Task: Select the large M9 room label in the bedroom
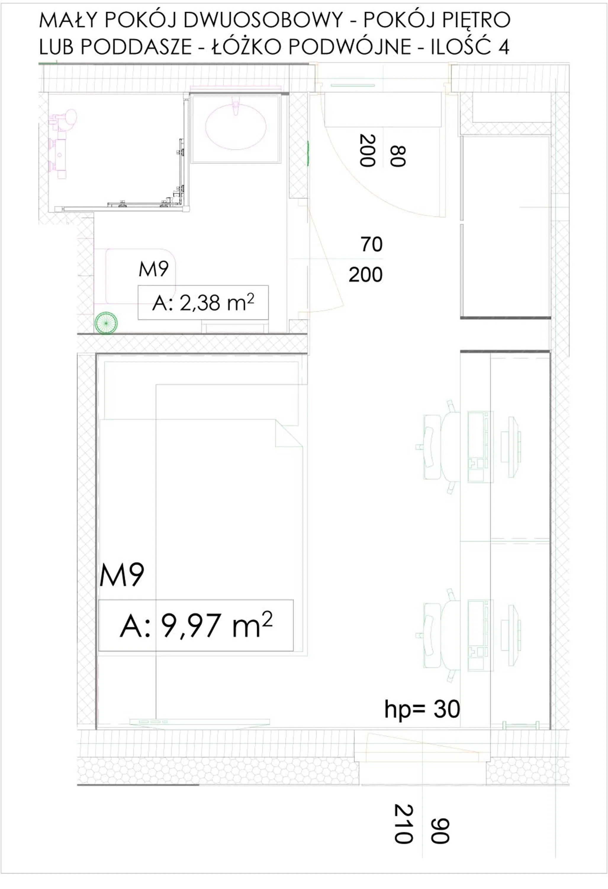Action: [122, 575]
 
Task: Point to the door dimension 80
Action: [398, 156]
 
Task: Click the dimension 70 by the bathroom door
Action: [371, 244]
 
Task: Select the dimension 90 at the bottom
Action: [440, 831]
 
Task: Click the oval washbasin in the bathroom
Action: [236, 127]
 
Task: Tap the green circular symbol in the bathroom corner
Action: [106, 323]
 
